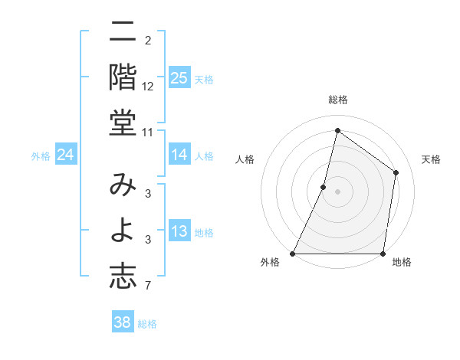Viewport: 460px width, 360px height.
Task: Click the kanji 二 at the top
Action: tap(123, 34)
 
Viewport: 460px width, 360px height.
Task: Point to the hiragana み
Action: tap(123, 186)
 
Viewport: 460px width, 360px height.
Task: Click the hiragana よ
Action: tap(123, 230)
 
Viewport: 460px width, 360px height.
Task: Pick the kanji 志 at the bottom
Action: tap(123, 276)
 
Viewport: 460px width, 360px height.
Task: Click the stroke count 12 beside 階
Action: tap(148, 86)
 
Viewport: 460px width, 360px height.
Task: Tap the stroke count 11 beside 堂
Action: tap(148, 133)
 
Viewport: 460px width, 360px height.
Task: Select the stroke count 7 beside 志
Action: tap(148, 286)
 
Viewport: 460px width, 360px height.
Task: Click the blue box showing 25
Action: tap(179, 77)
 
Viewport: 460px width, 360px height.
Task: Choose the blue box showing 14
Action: tap(179, 155)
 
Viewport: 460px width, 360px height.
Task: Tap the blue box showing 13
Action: tap(179, 232)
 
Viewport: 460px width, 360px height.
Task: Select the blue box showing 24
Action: tap(65, 155)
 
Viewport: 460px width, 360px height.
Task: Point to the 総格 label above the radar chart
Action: tap(337, 100)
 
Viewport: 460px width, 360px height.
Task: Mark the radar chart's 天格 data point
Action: tap(396, 172)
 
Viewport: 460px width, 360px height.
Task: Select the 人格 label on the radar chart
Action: tap(245, 159)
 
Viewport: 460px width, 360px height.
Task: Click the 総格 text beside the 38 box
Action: tap(147, 324)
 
